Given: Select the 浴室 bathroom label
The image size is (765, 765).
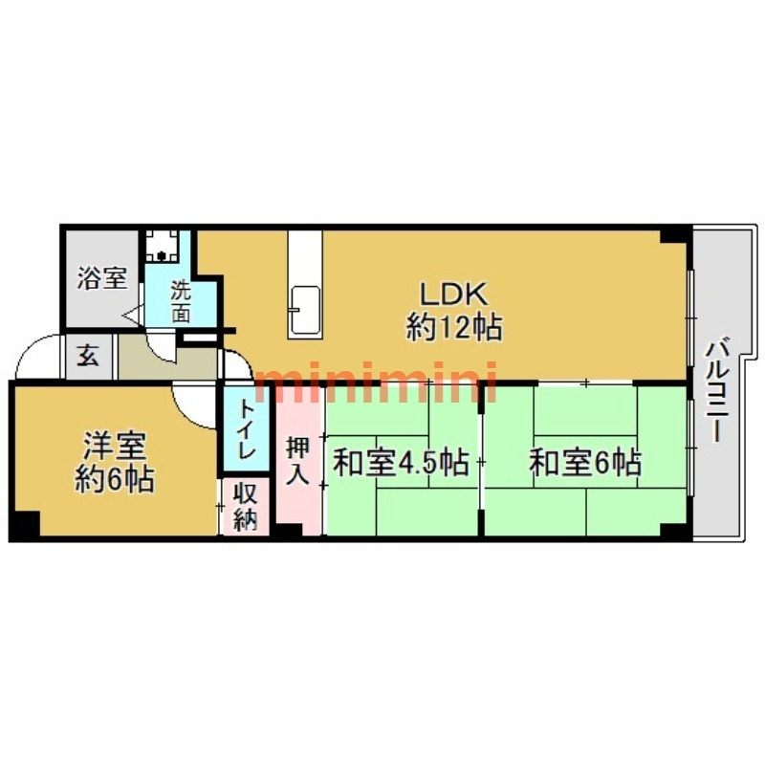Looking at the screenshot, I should [102, 279].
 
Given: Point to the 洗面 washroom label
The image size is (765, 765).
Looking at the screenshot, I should [180, 301].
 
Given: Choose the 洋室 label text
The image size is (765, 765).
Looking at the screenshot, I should [114, 446].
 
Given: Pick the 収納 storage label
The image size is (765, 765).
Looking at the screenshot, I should [246, 507].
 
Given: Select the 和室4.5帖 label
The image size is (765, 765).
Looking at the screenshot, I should [400, 464].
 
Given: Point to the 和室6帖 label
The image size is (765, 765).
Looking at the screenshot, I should [585, 464].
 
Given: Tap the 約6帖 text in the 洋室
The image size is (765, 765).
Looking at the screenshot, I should [114, 479].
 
